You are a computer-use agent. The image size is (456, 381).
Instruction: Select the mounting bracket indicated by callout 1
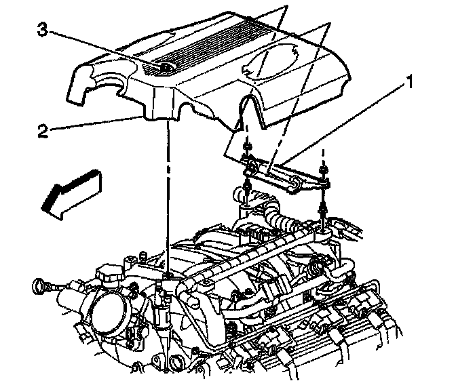285,174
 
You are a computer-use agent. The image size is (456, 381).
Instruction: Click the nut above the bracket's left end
249,148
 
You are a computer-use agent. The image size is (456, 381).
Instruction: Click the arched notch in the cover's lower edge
248,108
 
